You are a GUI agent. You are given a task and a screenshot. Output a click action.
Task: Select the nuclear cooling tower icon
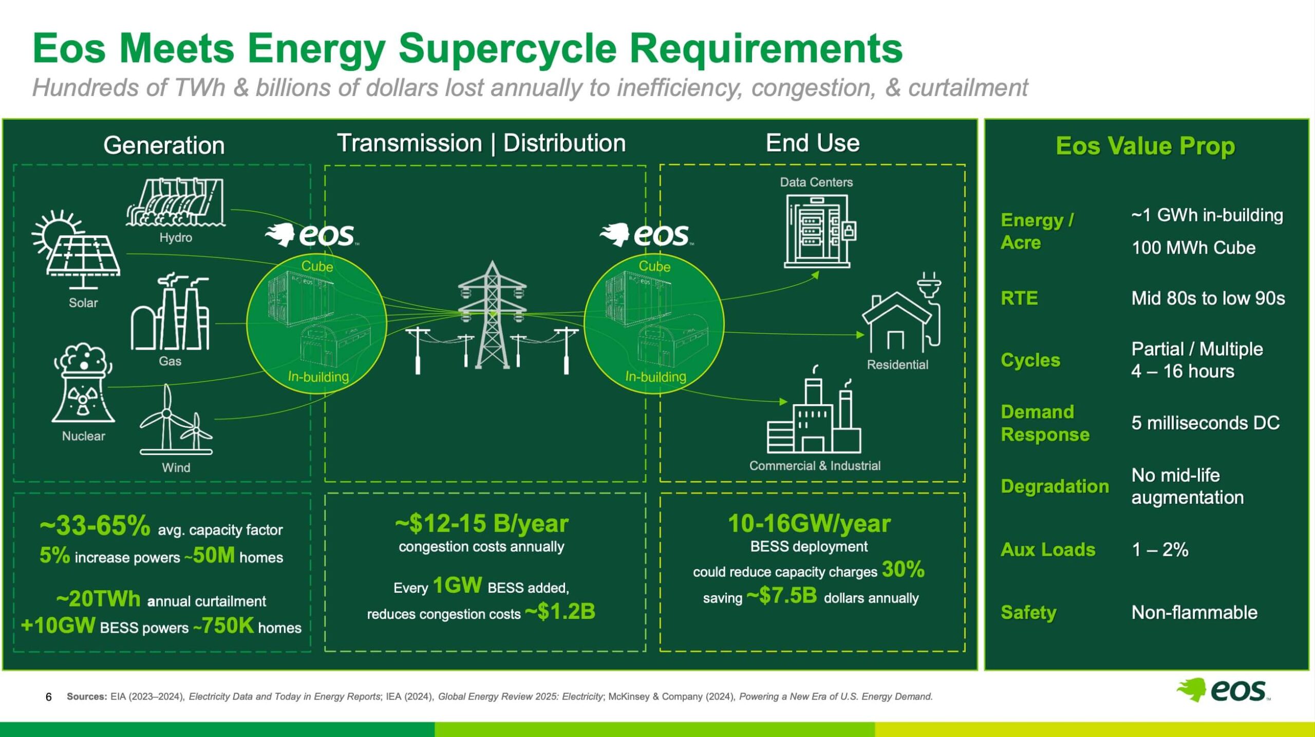pyautogui.click(x=83, y=383)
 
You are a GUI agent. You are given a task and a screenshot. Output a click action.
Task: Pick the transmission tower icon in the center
pyautogui.click(x=492, y=316)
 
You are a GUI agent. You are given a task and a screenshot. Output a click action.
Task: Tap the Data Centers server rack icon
pyautogui.click(x=819, y=231)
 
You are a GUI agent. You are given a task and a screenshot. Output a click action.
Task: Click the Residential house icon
pyautogui.click(x=902, y=313)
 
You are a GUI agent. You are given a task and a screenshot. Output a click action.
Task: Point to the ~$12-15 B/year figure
pyautogui.click(x=481, y=523)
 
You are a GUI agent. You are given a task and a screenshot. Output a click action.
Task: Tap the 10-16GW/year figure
pyautogui.click(x=809, y=523)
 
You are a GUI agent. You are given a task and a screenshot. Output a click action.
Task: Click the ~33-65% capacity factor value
pyautogui.click(x=95, y=525)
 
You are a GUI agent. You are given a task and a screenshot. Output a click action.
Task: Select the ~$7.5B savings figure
pyautogui.click(x=781, y=595)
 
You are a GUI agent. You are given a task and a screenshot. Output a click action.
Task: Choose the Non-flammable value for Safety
pyautogui.click(x=1194, y=612)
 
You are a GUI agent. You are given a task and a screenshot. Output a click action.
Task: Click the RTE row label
pyautogui.click(x=1019, y=298)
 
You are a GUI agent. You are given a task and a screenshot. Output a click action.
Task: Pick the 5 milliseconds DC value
pyautogui.click(x=1205, y=423)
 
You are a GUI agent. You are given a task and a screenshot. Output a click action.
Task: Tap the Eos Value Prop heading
pyautogui.click(x=1145, y=146)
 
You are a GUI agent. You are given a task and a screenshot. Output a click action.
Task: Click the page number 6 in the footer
pyautogui.click(x=49, y=697)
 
